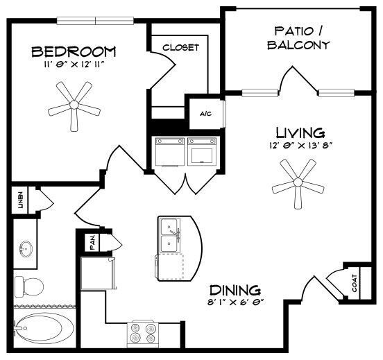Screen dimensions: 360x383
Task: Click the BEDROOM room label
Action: coord(74,51)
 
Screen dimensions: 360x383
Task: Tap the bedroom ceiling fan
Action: coord(71,105)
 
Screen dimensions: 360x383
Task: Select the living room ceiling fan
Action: coord(298,182)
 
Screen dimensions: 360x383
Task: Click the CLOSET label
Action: coord(180,47)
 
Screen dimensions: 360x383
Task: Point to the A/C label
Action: coord(206,114)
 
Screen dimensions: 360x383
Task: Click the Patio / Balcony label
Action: coord(301,37)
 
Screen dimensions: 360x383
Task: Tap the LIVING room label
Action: coord(300,132)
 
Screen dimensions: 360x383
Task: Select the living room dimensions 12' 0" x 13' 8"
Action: coord(300,146)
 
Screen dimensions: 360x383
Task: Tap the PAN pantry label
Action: coord(92,243)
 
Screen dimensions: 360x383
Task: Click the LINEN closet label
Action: coord(20,200)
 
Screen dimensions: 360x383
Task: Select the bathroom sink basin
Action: coord(26,248)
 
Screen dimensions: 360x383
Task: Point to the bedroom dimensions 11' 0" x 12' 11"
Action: coord(74,65)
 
